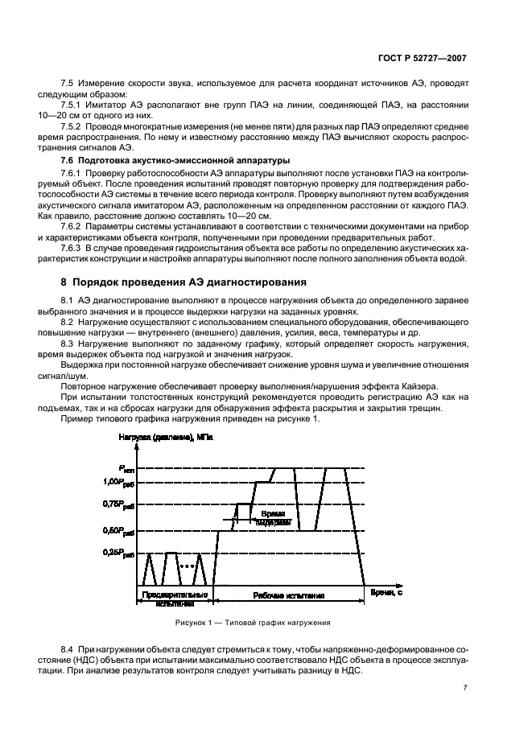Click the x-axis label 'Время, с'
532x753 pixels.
pyautogui.click(x=386, y=592)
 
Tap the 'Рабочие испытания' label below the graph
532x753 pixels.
pyautogui.click(x=288, y=597)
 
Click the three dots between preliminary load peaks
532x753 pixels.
pyautogui.click(x=188, y=566)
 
